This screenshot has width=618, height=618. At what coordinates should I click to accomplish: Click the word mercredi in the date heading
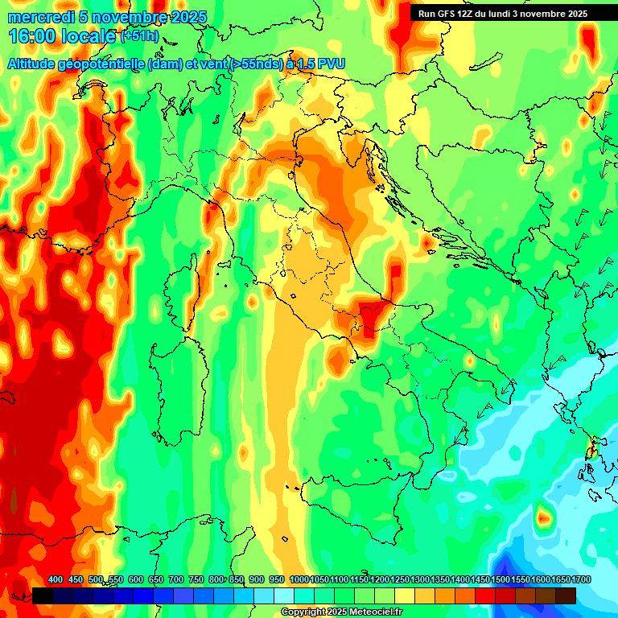pyautogui.click(x=38, y=17)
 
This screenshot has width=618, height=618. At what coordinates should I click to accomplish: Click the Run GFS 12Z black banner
pyautogui.click(x=502, y=14)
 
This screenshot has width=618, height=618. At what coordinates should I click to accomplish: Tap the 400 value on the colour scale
pyautogui.click(x=55, y=579)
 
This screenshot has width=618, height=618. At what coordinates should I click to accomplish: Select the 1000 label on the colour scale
pyautogui.click(x=299, y=579)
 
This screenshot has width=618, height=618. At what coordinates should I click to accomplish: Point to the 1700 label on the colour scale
pyautogui.click(x=580, y=579)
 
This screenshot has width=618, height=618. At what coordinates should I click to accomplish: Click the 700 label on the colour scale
pyautogui.click(x=176, y=579)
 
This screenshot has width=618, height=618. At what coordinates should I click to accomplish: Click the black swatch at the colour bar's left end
pyautogui.click(x=43, y=595)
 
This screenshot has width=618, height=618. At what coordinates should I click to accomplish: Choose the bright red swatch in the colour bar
pyautogui.click(x=485, y=595)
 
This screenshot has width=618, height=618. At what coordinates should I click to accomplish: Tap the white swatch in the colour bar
pyautogui.click(x=284, y=595)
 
